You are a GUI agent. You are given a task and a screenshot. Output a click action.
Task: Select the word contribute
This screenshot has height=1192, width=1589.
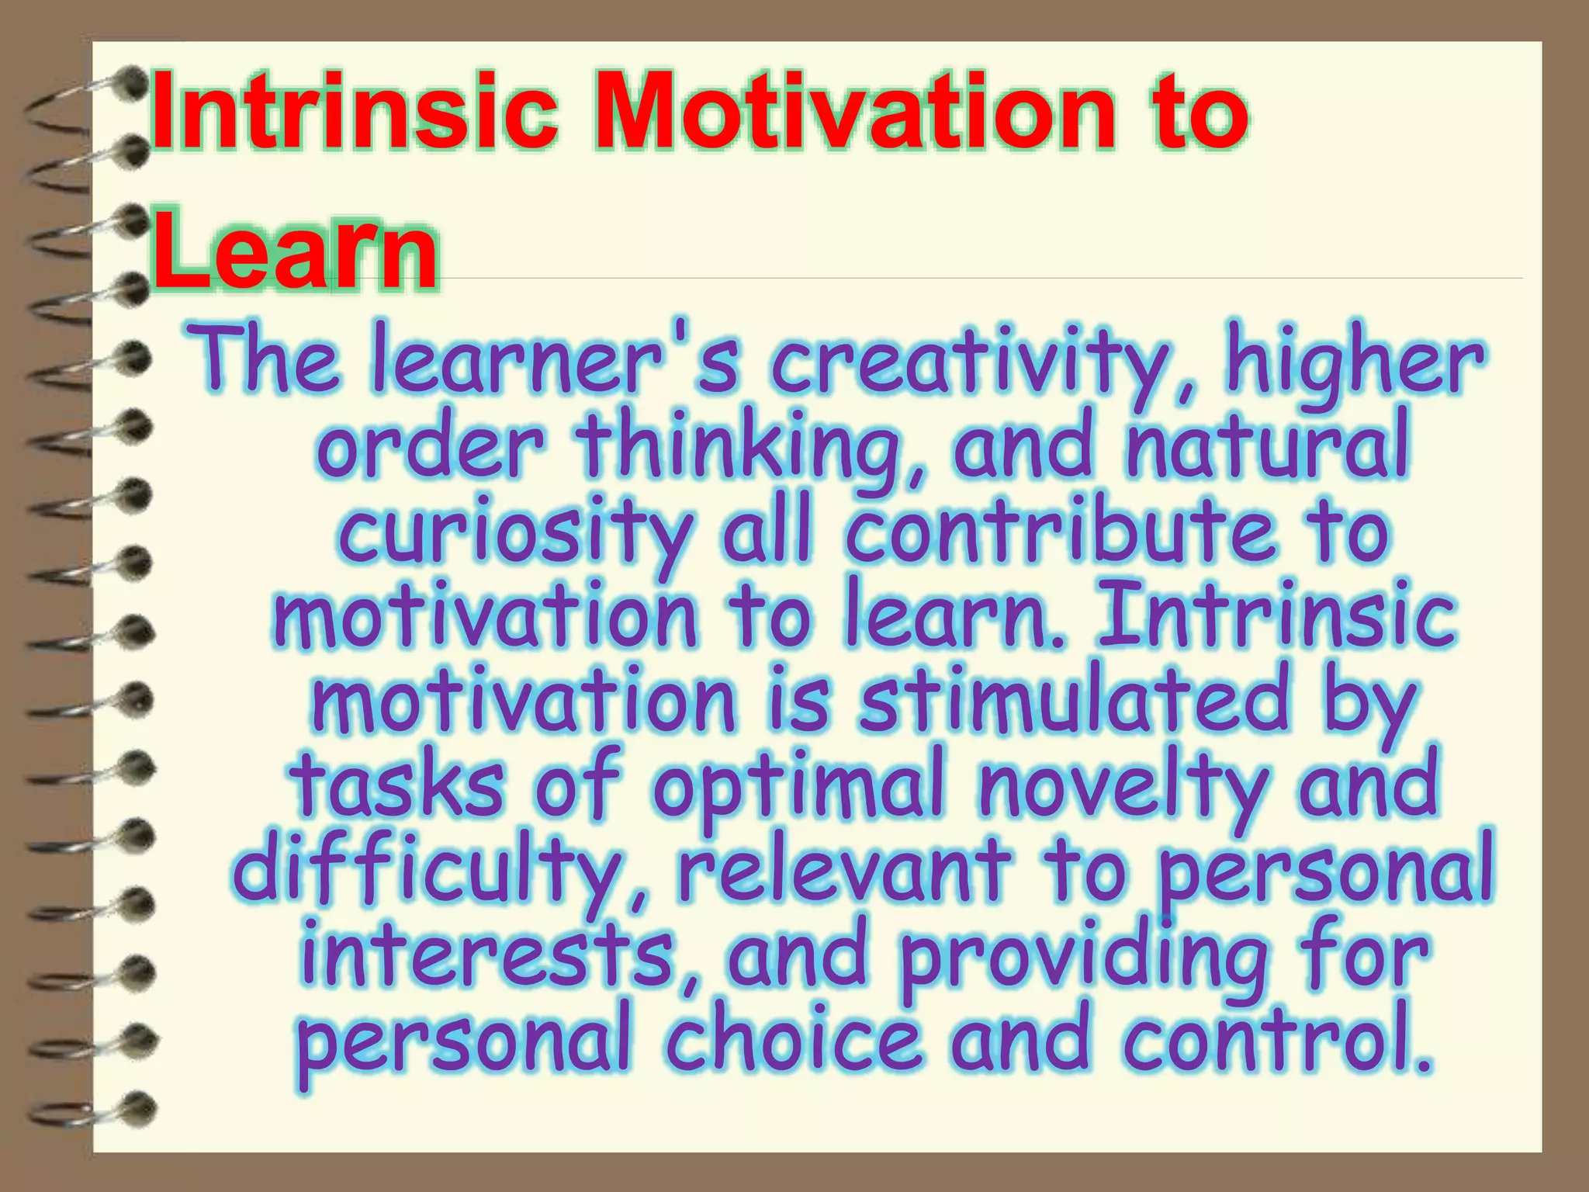(1060, 532)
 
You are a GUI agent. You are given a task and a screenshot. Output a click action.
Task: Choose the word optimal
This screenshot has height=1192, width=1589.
(799, 788)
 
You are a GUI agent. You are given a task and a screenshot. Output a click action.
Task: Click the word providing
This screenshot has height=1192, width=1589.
(1083, 959)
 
